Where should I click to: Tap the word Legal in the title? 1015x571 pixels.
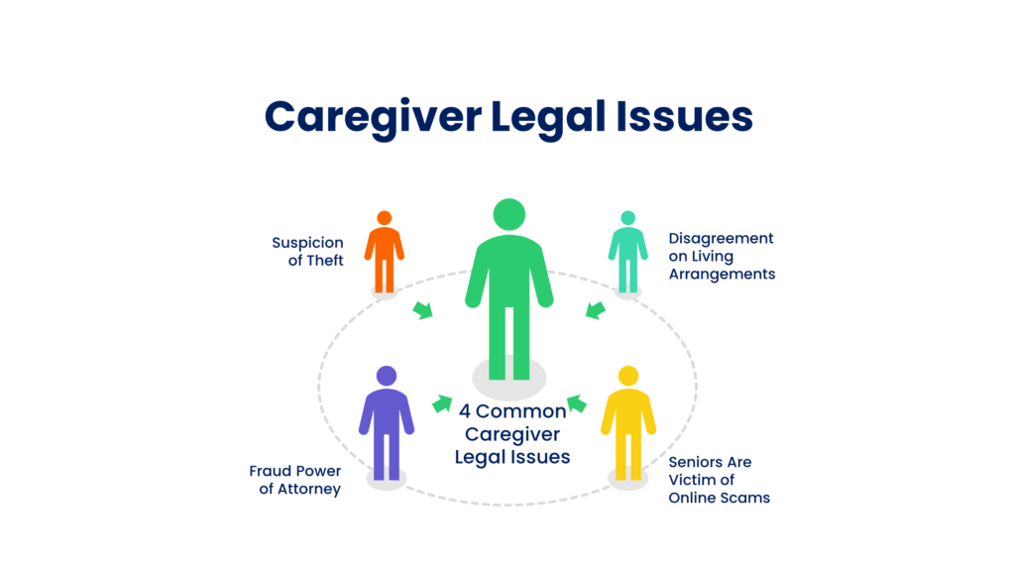tap(546, 117)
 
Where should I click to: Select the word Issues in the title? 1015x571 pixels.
tap(685, 117)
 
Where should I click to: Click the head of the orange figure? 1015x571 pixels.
tap(385, 218)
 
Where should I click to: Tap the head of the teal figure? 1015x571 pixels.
tap(627, 218)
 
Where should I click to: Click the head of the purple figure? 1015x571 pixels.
tap(387, 376)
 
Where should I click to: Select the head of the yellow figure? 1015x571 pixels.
tap(627, 376)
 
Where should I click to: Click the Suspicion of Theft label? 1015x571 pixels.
tap(307, 252)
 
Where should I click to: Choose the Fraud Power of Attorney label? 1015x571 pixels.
tap(294, 480)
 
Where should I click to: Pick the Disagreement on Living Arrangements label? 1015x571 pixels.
tap(722, 256)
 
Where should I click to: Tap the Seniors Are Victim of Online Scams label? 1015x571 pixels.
tap(719, 480)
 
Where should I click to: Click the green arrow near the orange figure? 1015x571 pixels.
tap(423, 310)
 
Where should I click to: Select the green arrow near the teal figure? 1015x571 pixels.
tap(595, 310)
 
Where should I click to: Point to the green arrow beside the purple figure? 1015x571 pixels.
tap(442, 403)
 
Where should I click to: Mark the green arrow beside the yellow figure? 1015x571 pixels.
tap(577, 403)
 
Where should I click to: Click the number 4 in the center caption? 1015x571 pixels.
tap(465, 410)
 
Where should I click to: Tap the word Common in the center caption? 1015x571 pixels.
tap(521, 410)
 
